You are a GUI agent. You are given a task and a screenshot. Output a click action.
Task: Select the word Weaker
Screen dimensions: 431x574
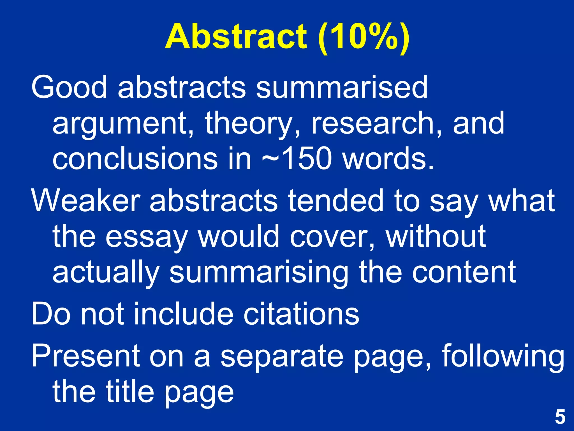tap(86, 200)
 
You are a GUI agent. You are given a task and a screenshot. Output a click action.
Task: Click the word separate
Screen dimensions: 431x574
tap(282, 356)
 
